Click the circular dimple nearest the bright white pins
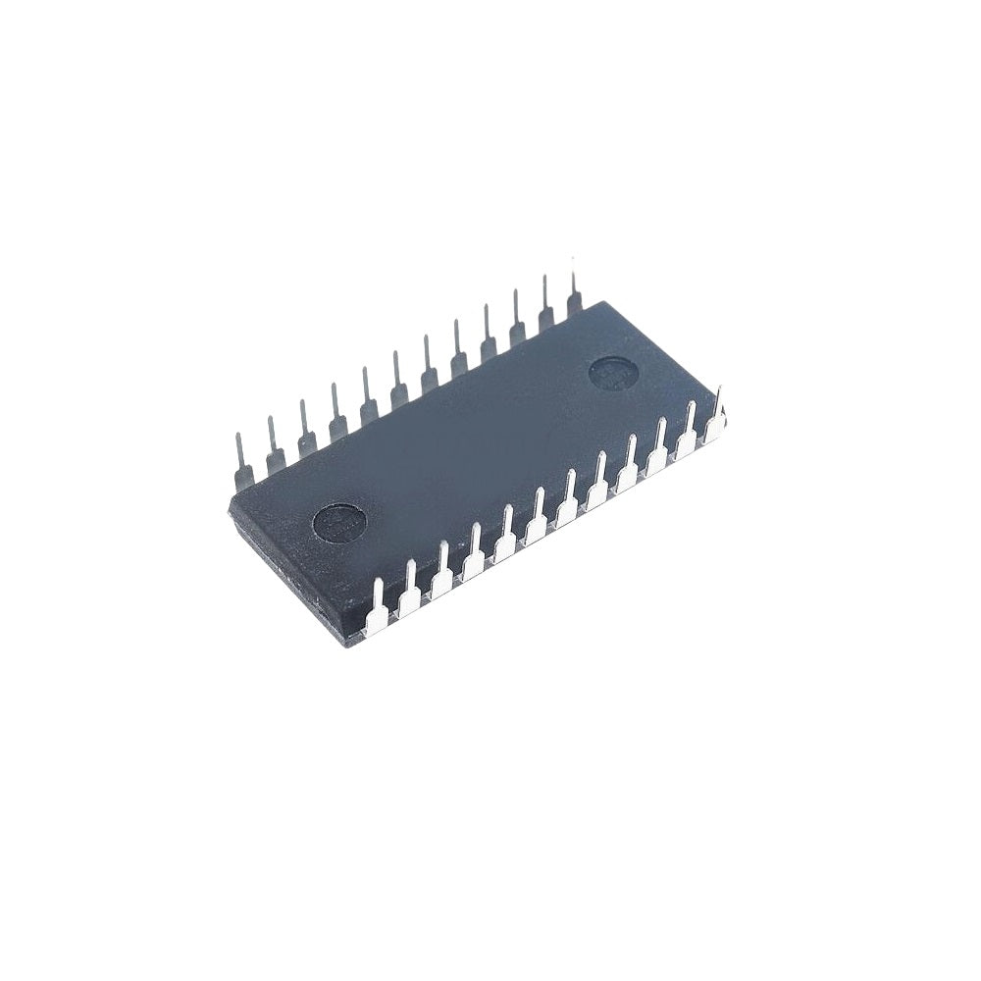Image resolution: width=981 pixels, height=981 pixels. [338, 519]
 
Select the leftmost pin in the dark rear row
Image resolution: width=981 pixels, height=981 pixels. [242, 461]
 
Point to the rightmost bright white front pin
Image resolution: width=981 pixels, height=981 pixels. [718, 412]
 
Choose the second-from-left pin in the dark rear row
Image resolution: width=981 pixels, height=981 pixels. [273, 444]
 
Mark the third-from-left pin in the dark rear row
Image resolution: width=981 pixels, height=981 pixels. [304, 429]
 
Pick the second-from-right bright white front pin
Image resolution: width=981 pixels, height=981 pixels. [690, 428]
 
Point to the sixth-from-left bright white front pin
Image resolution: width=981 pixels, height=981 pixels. [537, 517]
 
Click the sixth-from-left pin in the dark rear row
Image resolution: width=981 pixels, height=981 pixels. [396, 381]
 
